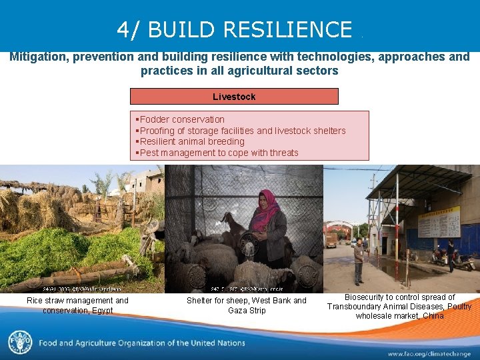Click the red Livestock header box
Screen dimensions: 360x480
(234, 97)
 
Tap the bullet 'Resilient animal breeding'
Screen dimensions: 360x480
(192, 141)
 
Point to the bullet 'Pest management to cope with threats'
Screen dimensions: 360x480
(219, 153)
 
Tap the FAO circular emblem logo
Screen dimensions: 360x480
(19, 343)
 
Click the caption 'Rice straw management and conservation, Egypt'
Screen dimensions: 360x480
(77, 305)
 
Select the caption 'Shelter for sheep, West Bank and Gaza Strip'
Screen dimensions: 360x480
(247, 305)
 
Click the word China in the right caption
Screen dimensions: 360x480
(433, 316)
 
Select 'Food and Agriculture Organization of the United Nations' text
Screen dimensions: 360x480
(141, 343)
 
